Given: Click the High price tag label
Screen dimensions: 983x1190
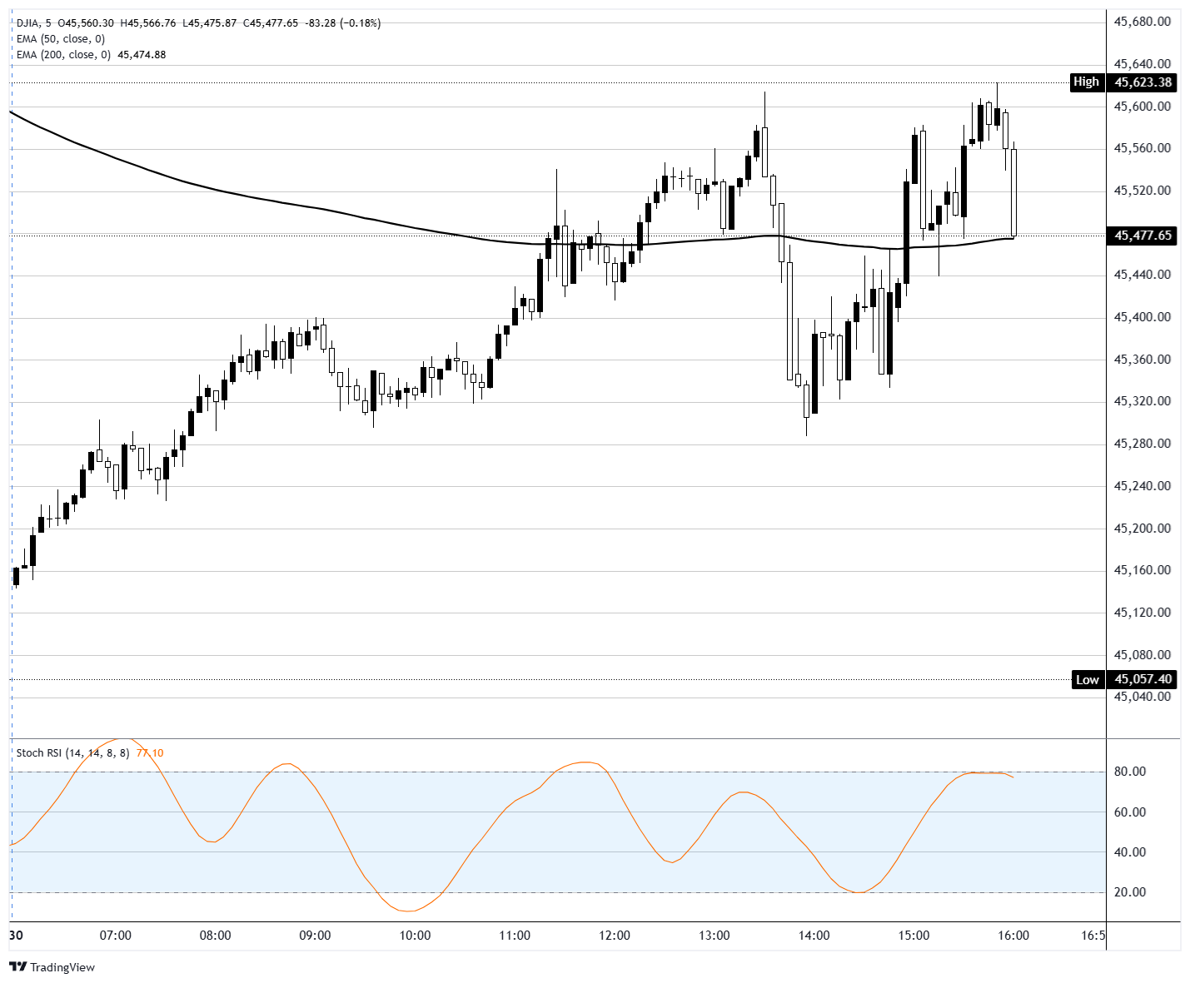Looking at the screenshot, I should [1086, 82].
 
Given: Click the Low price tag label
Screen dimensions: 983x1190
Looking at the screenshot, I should [1087, 679].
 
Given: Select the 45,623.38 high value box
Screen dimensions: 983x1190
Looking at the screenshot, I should [1143, 82].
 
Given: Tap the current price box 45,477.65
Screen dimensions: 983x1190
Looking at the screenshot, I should [1143, 236].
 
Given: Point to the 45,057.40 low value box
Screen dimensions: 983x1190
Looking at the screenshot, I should [1143, 679].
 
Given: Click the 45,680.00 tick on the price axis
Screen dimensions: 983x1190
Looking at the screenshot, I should [1142, 22].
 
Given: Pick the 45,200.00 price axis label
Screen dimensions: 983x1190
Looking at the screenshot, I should [1142, 529].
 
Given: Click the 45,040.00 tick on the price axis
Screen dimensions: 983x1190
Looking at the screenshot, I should [1142, 697].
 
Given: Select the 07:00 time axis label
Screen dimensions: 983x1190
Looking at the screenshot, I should [115, 935].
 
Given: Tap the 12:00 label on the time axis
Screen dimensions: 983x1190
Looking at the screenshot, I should [615, 935].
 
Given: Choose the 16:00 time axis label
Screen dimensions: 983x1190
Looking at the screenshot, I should [1013, 935].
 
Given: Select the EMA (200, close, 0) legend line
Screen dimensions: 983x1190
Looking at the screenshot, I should [63, 55].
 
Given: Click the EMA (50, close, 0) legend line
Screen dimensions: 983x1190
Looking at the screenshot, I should [60, 39].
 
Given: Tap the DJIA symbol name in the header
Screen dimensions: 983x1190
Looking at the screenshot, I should [28, 23].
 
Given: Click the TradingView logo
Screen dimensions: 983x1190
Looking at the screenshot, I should [52, 967].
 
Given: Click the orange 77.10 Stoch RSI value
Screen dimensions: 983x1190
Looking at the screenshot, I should [150, 753].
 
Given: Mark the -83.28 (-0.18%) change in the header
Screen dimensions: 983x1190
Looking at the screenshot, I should [342, 23].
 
